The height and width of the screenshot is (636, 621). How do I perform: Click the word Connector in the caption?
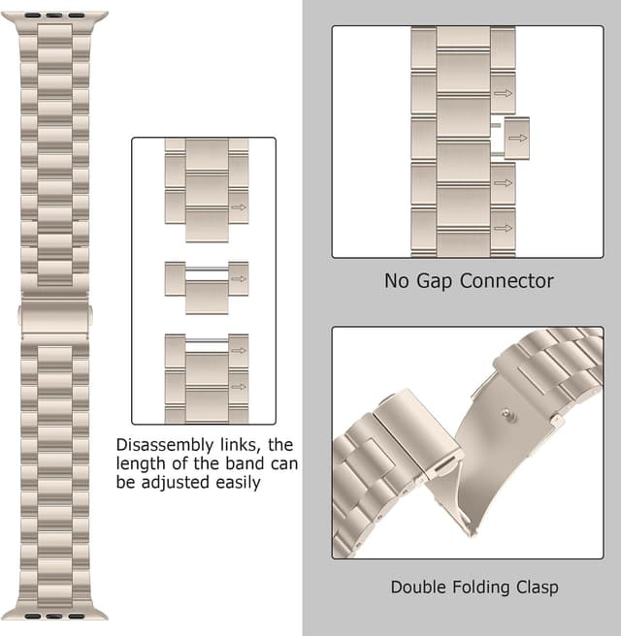(x=507, y=281)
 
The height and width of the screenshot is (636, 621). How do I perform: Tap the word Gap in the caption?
(x=436, y=281)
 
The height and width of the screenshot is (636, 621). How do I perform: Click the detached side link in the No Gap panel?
(x=517, y=137)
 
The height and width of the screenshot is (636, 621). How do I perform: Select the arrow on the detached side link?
(x=518, y=138)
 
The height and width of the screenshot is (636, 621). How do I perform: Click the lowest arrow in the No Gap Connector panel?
(x=503, y=229)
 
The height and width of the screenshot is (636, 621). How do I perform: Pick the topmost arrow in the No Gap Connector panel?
(x=503, y=94)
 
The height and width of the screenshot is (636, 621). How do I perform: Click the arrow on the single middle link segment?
(x=238, y=279)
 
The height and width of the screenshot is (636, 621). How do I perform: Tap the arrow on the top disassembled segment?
(x=238, y=207)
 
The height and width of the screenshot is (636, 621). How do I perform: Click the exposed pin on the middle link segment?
(x=206, y=270)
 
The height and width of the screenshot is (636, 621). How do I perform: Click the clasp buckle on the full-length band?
(x=54, y=317)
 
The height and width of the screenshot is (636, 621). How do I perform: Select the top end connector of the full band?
(x=54, y=16)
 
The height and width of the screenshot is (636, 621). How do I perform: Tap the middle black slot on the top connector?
(x=54, y=16)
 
